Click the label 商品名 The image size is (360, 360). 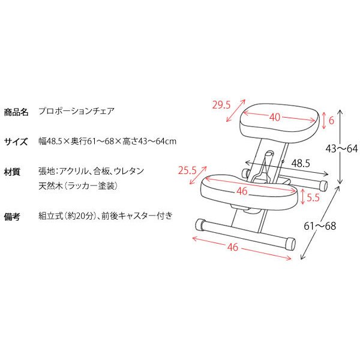[x=16, y=112]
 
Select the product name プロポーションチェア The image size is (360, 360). [x=76, y=112]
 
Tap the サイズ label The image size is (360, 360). [x=16, y=142]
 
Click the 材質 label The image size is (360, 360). [x=12, y=172]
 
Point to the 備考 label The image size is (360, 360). [x=12, y=217]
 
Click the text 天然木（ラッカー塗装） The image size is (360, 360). [x=78, y=186]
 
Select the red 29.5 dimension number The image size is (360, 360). [x=221, y=105]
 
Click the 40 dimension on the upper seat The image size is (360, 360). [x=275, y=118]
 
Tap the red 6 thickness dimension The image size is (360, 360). [x=331, y=121]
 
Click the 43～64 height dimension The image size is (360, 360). [x=341, y=149]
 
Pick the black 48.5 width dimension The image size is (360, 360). [x=301, y=163]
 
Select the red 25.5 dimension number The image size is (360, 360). [x=187, y=170]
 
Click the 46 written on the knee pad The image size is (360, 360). [x=242, y=191]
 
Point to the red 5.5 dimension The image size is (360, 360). [x=313, y=197]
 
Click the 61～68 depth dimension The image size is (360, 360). [x=320, y=226]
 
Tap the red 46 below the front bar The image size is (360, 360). [x=233, y=247]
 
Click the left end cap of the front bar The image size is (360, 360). [x=200, y=224]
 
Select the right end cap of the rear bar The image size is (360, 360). [x=323, y=186]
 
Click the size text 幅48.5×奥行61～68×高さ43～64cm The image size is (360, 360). [x=107, y=141]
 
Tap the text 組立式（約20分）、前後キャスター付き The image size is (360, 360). [x=106, y=216]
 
